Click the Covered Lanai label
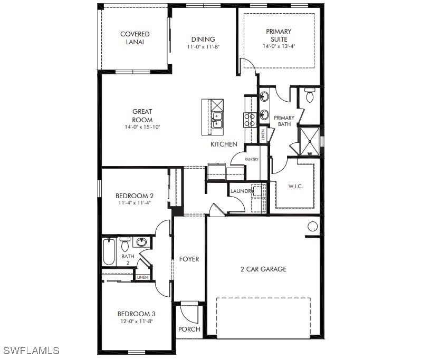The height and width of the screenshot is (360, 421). click(135, 38)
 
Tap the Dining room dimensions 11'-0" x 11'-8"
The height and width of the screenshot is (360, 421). click(203, 47)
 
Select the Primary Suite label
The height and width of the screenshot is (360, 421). click(279, 35)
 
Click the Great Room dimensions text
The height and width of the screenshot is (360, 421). click(142, 127)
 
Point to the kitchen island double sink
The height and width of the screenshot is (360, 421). click(217, 120)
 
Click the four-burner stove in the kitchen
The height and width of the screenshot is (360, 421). click(250, 120)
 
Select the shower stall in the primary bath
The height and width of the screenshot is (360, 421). click(310, 141)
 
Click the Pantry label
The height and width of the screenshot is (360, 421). click(251, 159)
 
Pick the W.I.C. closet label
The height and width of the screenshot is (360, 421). click(295, 186)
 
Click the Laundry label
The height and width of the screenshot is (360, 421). click(242, 191)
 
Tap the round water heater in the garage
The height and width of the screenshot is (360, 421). click(312, 227)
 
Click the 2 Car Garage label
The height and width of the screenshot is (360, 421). click(263, 269)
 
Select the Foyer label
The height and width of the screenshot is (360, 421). click(189, 259)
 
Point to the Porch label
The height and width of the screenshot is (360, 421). click(189, 329)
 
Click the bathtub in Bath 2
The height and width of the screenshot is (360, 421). click(109, 251)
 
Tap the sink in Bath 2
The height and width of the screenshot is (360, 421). click(141, 242)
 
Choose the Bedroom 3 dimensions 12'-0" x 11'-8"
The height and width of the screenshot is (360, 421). click(137, 321)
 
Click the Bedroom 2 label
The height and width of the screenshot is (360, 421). click(135, 196)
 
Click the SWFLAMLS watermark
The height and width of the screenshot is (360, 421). click(32, 351)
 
